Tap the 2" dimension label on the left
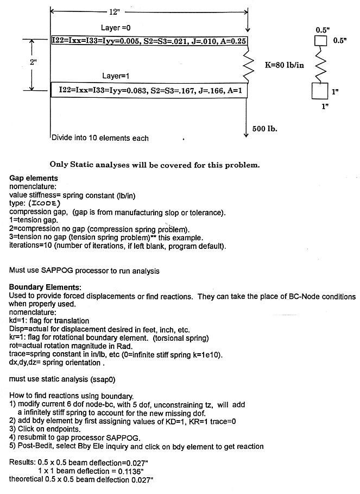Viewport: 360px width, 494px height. pyautogui.click(x=34, y=62)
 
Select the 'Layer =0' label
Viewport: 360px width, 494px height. pyautogui.click(x=116, y=28)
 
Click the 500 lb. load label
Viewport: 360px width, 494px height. pyautogui.click(x=266, y=129)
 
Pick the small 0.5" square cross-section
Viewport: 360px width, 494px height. pyautogui.click(x=321, y=41)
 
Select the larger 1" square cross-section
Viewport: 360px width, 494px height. pyautogui.click(x=320, y=91)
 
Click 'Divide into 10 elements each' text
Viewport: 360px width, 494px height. pyautogui.click(x=100, y=138)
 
